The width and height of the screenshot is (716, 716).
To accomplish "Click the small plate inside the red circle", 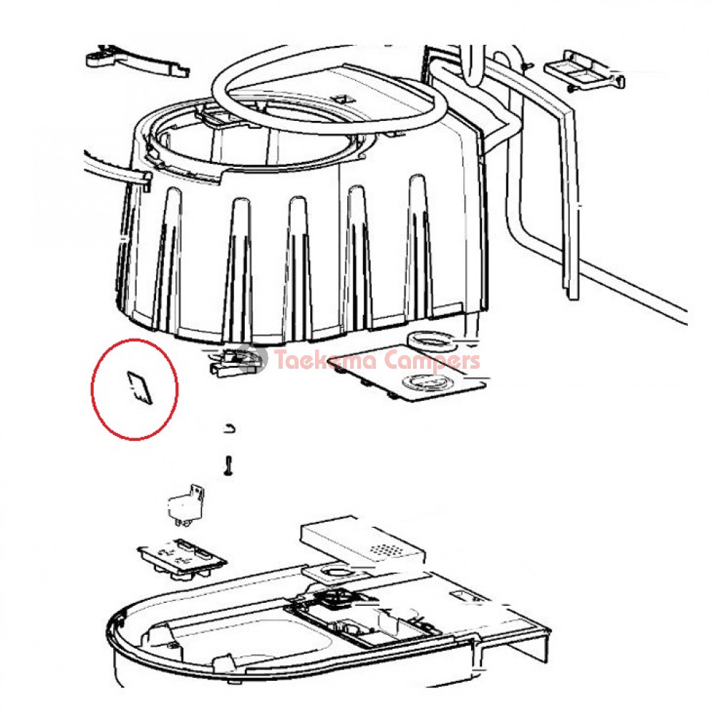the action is (140, 387).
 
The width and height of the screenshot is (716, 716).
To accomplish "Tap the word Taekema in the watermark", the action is (326, 360).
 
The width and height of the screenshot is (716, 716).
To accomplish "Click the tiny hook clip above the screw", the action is (231, 428).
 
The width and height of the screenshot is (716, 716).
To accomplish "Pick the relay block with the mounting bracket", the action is (185, 504).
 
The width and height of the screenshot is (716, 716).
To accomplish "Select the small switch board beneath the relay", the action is (183, 558).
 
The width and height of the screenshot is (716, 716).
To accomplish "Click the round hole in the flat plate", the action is (427, 382).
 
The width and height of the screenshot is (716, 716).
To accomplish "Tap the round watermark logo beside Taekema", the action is (253, 359).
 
